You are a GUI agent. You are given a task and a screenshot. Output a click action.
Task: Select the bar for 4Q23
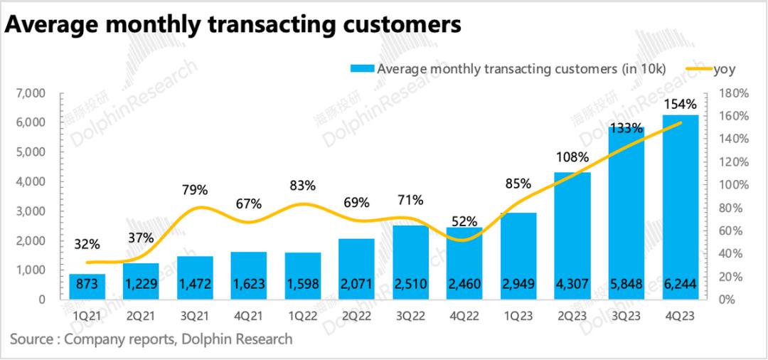pyautogui.click(x=681, y=206)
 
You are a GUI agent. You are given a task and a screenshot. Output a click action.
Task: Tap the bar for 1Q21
pyautogui.click(x=87, y=287)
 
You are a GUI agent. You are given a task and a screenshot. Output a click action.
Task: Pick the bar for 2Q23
pyautogui.click(x=572, y=235)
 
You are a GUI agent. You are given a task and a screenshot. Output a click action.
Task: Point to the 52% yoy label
pyautogui.click(x=464, y=221)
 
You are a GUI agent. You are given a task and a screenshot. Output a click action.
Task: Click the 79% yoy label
pyautogui.click(x=195, y=190)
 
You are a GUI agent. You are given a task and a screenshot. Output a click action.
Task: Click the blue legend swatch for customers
pyautogui.click(x=361, y=69)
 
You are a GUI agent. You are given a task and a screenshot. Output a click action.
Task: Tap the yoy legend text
pyautogui.click(x=724, y=69)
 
